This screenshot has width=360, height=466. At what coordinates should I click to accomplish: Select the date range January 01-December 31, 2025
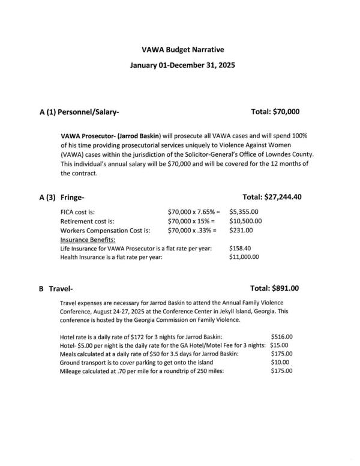180,65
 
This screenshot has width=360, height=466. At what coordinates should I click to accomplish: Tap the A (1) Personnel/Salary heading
80,112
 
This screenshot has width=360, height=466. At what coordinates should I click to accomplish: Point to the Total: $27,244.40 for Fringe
272,197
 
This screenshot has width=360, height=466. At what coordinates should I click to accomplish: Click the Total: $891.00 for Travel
274,288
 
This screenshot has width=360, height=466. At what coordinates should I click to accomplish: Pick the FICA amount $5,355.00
244,212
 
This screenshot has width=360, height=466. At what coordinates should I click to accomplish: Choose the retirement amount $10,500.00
245,221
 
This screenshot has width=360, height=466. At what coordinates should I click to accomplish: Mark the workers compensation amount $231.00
242,230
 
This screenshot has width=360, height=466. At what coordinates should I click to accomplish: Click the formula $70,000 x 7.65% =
194,212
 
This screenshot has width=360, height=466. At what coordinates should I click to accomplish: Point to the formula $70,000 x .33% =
193,230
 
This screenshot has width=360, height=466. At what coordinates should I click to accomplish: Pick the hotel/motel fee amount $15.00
279,345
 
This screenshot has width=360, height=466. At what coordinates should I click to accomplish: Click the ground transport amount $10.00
280,362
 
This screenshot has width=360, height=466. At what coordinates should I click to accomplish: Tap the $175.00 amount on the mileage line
281,371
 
